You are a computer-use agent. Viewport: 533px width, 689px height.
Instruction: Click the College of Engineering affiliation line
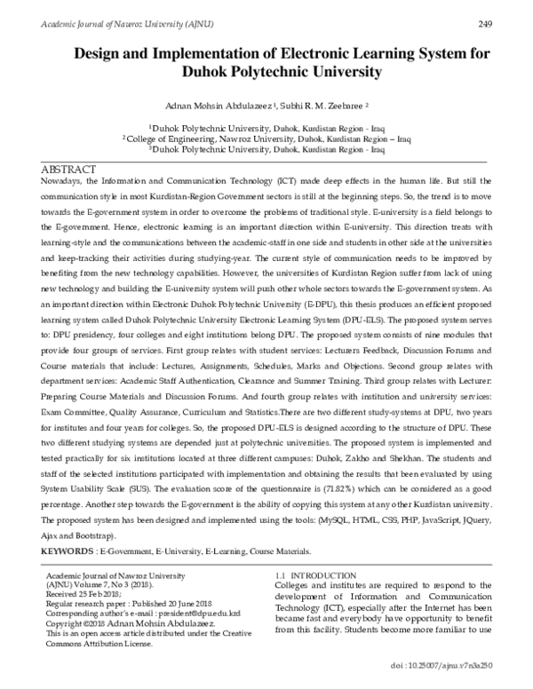tap(266, 139)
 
